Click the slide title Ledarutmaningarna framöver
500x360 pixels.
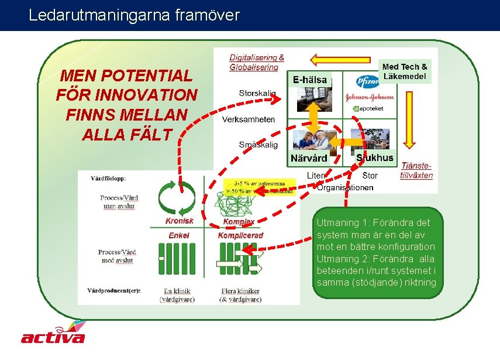click(134, 16)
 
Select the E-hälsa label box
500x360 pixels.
click(310, 80)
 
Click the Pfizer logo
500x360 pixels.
click(368, 81)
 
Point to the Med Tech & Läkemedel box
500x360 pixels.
click(405, 71)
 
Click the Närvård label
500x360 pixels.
click(309, 159)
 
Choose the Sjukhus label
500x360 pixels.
click(375, 158)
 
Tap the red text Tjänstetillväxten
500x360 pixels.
click(416, 171)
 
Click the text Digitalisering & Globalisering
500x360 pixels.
click(256, 62)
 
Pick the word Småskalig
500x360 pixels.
click(258, 145)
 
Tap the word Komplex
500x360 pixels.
click(239, 222)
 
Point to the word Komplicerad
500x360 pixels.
click(240, 235)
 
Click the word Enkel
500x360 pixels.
click(178, 235)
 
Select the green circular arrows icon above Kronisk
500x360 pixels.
click(179, 198)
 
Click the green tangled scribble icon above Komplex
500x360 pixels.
click(237, 203)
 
